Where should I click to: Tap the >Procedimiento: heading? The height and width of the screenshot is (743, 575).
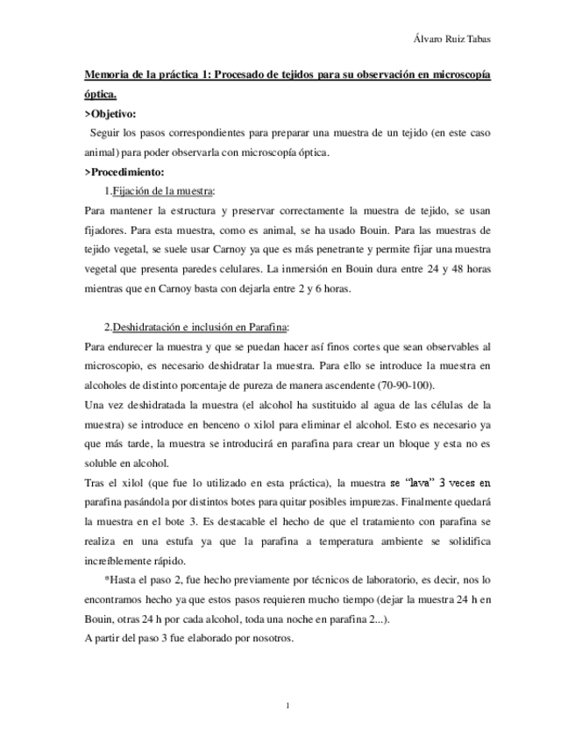tap(129, 172)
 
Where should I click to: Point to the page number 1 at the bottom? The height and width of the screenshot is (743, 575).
tap(287, 704)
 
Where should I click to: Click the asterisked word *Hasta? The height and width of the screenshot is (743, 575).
tap(121, 579)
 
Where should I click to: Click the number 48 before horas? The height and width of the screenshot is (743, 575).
tap(437, 267)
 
